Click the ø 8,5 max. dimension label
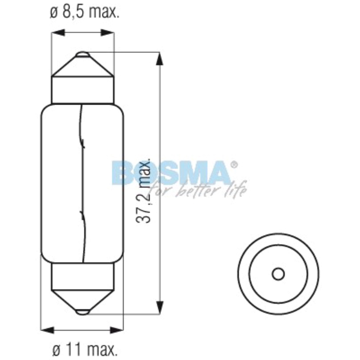pos(84,13)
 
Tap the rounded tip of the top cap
pos(83,54)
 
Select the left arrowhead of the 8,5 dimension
pos(58,33)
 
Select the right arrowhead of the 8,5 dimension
pos(109,33)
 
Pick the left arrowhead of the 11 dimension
pos(47,329)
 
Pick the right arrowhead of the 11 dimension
pos(118,329)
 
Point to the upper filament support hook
pos(83,144)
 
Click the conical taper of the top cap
pos(83,67)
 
